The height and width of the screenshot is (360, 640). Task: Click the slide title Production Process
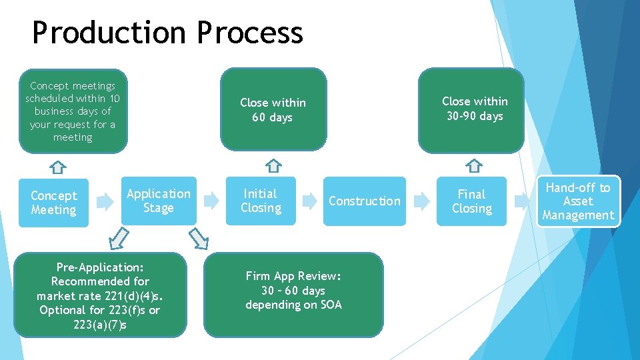point(167,33)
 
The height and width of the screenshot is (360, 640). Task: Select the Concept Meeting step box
point(53,203)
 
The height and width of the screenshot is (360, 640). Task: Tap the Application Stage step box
point(159,201)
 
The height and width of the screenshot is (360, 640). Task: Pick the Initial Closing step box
point(261,201)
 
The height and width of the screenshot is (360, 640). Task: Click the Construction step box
point(364,201)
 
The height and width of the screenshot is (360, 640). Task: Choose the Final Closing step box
point(471,201)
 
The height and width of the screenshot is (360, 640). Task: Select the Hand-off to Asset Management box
point(578,201)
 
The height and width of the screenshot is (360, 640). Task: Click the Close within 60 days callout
point(273,110)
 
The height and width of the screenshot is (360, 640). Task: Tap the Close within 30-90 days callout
point(474,110)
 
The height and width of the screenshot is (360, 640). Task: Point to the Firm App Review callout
point(293,291)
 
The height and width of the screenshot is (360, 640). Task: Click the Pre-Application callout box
point(100,295)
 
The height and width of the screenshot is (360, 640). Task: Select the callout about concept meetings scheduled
point(73,111)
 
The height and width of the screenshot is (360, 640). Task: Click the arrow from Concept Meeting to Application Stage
point(105,201)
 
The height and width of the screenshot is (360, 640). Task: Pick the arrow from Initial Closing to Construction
point(309,200)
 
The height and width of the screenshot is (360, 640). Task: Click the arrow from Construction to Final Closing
point(421,200)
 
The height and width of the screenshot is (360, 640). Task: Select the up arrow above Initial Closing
point(273,165)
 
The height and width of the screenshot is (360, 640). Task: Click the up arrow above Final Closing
point(473,165)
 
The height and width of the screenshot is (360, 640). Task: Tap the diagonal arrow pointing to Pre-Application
point(119,237)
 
